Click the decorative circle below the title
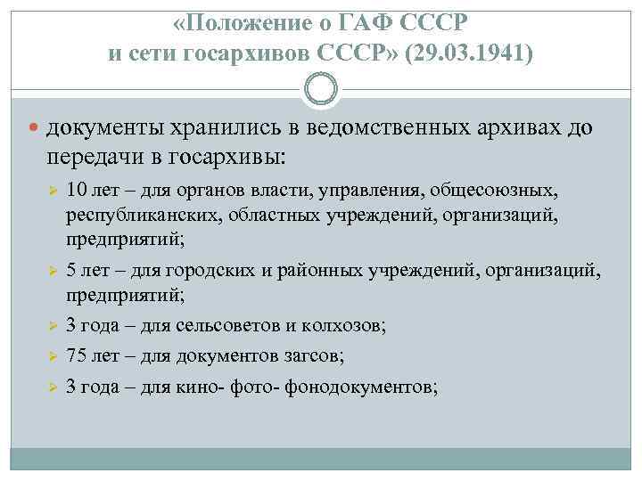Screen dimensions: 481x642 [x=321, y=91]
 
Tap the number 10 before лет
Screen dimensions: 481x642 [x=76, y=190]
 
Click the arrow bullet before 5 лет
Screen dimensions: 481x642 [x=53, y=269]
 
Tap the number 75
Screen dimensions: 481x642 [x=77, y=355]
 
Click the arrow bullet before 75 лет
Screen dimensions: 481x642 [x=53, y=356]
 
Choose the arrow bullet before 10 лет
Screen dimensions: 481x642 [x=53, y=191]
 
